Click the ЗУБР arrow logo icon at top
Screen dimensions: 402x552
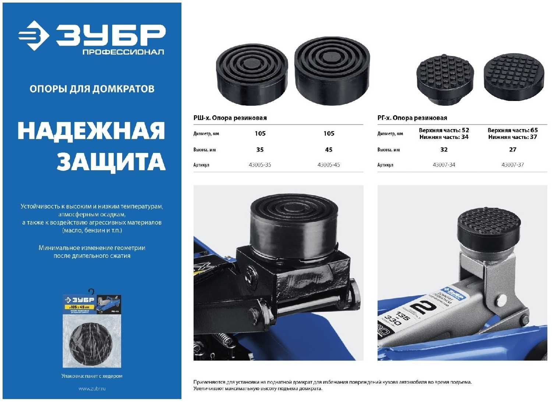(34, 35)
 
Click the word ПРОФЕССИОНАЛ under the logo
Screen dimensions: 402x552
(123, 52)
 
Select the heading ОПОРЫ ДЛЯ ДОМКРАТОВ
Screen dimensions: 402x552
(92, 89)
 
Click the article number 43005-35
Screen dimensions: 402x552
(260, 165)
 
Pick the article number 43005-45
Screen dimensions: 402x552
(329, 165)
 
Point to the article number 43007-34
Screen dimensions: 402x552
(444, 165)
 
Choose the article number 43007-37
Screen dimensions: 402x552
(513, 165)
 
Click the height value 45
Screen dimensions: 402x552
(329, 150)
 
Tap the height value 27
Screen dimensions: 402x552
(513, 150)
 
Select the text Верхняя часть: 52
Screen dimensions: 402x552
(444, 130)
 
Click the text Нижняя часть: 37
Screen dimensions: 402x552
(513, 137)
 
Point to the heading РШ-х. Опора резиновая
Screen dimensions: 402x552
(230, 118)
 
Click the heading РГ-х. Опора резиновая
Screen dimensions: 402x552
(412, 118)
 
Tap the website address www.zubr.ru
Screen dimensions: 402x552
(92, 388)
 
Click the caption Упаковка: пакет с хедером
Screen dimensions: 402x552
(92, 376)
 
